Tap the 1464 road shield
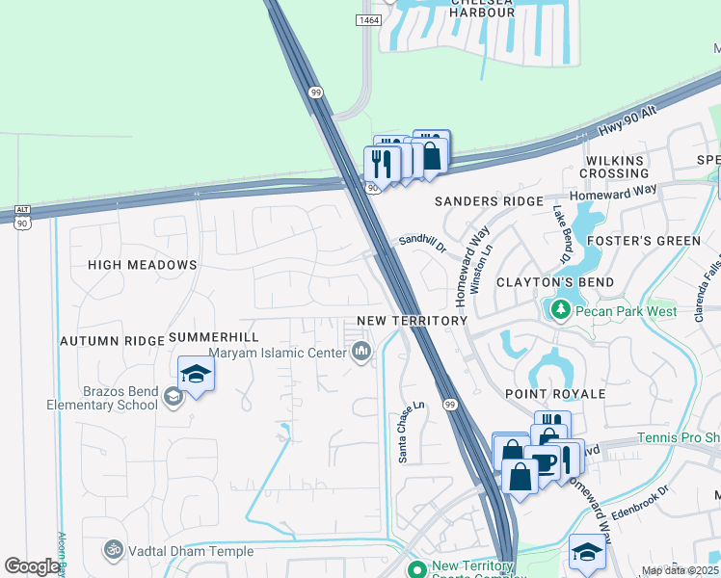368,19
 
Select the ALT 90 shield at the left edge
22,216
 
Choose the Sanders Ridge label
489,201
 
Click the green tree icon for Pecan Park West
559,310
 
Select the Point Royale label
555,394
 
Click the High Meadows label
142,264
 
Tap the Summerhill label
214,337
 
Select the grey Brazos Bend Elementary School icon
173,396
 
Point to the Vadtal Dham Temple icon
114,550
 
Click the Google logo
32,566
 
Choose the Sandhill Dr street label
424,242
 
